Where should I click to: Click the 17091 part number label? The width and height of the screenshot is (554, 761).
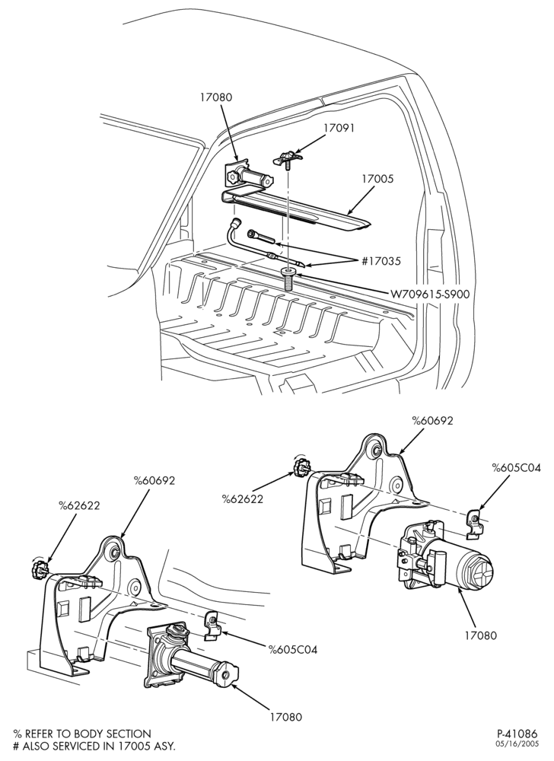click(339, 128)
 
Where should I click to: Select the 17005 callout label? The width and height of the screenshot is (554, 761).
click(377, 179)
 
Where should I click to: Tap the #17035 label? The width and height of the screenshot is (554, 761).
click(381, 261)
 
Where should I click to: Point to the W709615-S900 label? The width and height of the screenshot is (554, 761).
click(430, 294)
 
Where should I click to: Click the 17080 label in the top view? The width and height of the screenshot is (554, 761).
click(216, 97)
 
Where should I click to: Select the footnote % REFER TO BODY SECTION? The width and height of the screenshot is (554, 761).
click(82, 734)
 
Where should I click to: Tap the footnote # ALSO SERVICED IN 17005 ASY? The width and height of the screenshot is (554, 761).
click(94, 746)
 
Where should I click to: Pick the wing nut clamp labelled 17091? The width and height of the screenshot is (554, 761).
click(290, 158)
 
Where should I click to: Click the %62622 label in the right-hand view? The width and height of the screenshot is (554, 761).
click(243, 498)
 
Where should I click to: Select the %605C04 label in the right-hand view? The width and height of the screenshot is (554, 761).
click(516, 468)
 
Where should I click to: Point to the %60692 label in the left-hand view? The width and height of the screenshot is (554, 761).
click(154, 480)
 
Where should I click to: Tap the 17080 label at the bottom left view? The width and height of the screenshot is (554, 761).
click(285, 716)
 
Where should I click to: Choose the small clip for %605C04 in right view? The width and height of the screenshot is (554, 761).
click(476, 524)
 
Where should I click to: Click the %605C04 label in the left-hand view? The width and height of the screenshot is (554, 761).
click(293, 649)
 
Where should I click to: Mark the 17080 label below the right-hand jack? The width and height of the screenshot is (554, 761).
click(480, 635)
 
